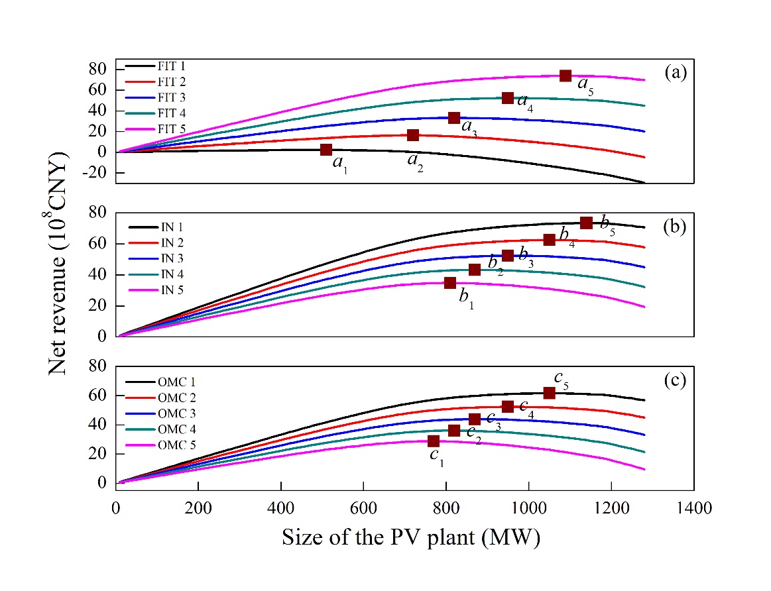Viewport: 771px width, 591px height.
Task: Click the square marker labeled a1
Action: point(326,150)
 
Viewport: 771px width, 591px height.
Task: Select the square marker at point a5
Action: point(565,76)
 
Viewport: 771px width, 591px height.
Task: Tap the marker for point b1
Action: point(450,283)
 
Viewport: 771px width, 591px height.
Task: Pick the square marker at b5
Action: point(586,223)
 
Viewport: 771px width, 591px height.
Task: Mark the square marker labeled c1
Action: point(434,441)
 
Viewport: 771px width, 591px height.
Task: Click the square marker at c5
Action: point(550,393)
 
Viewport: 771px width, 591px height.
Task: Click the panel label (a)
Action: point(676,73)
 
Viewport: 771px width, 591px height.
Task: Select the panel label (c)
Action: point(676,382)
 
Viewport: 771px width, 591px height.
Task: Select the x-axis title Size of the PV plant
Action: point(411,537)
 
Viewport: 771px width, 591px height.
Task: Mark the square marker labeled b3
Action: point(508,256)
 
